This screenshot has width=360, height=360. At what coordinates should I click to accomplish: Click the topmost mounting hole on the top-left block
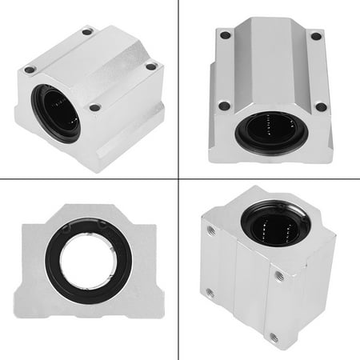coord(87,32)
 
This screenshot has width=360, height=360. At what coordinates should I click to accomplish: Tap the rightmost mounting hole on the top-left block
coord(150,67)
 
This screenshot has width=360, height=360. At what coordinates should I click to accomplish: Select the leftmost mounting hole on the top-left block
coord(30,70)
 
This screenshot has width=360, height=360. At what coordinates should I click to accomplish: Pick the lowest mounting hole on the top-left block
coord(95,107)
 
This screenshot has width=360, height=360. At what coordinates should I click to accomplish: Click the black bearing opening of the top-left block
coord(56,112)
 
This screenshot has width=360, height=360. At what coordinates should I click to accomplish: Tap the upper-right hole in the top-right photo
coord(316,36)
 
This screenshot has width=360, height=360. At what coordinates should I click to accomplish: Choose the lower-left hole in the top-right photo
coord(224,106)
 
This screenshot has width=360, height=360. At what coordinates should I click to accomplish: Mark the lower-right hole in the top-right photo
coord(321,106)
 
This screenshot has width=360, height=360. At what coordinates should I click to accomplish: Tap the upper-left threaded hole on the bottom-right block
coord(211,230)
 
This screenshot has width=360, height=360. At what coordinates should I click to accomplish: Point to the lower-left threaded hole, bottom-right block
coord(210,293)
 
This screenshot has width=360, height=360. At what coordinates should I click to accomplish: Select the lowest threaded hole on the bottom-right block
coord(274,338)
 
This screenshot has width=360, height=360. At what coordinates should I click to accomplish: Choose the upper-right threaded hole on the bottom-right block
coord(279,276)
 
